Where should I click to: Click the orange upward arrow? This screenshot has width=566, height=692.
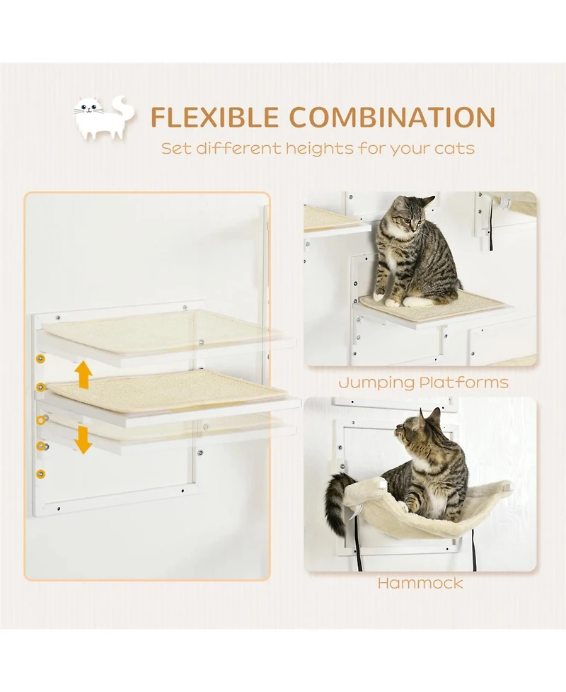coord(84,374)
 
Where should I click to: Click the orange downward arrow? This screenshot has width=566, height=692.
coord(84,439)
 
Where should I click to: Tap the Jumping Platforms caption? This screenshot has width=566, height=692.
coord(422,383)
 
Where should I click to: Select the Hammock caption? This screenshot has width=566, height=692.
coord(420,583)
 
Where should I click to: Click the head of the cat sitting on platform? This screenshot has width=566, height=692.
coord(410,214)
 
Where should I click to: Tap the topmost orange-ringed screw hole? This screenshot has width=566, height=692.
coord(40,359)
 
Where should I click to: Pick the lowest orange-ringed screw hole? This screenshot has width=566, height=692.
coord(40,472)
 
